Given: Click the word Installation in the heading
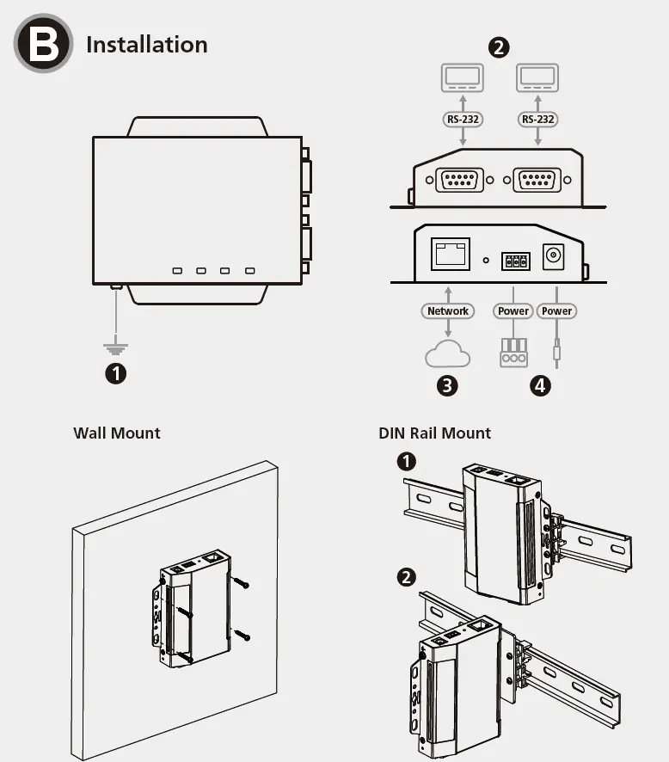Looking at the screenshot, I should tap(146, 45).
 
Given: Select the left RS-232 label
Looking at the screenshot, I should tap(463, 119).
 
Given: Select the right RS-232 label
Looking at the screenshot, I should tap(538, 119).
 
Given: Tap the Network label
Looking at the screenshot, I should tap(448, 310).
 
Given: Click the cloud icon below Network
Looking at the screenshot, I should tap(447, 354).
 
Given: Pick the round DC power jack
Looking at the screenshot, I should tap(554, 255).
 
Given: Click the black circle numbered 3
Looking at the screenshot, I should tap(447, 385).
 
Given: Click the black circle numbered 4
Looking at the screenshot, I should tap(540, 385).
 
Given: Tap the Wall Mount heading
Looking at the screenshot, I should tap(117, 433).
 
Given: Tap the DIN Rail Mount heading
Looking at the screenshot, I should tap(434, 433).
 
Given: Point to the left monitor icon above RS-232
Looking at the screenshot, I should tap(463, 78).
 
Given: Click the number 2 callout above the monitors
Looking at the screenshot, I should tap(499, 46).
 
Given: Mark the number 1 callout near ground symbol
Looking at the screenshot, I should tap(115, 374).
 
